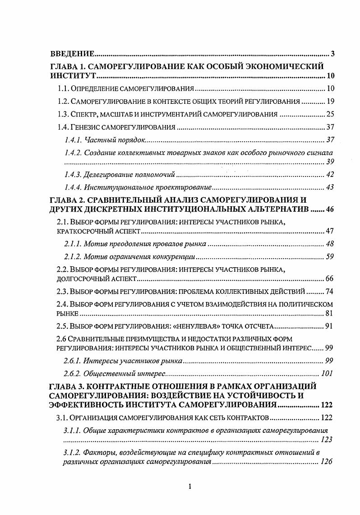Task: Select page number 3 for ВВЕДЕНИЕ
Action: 332,54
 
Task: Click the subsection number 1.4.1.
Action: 74,140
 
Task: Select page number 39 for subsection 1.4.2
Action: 330,162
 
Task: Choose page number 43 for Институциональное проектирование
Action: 330,187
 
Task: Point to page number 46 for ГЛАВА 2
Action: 328,210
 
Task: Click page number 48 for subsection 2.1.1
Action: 330,244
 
